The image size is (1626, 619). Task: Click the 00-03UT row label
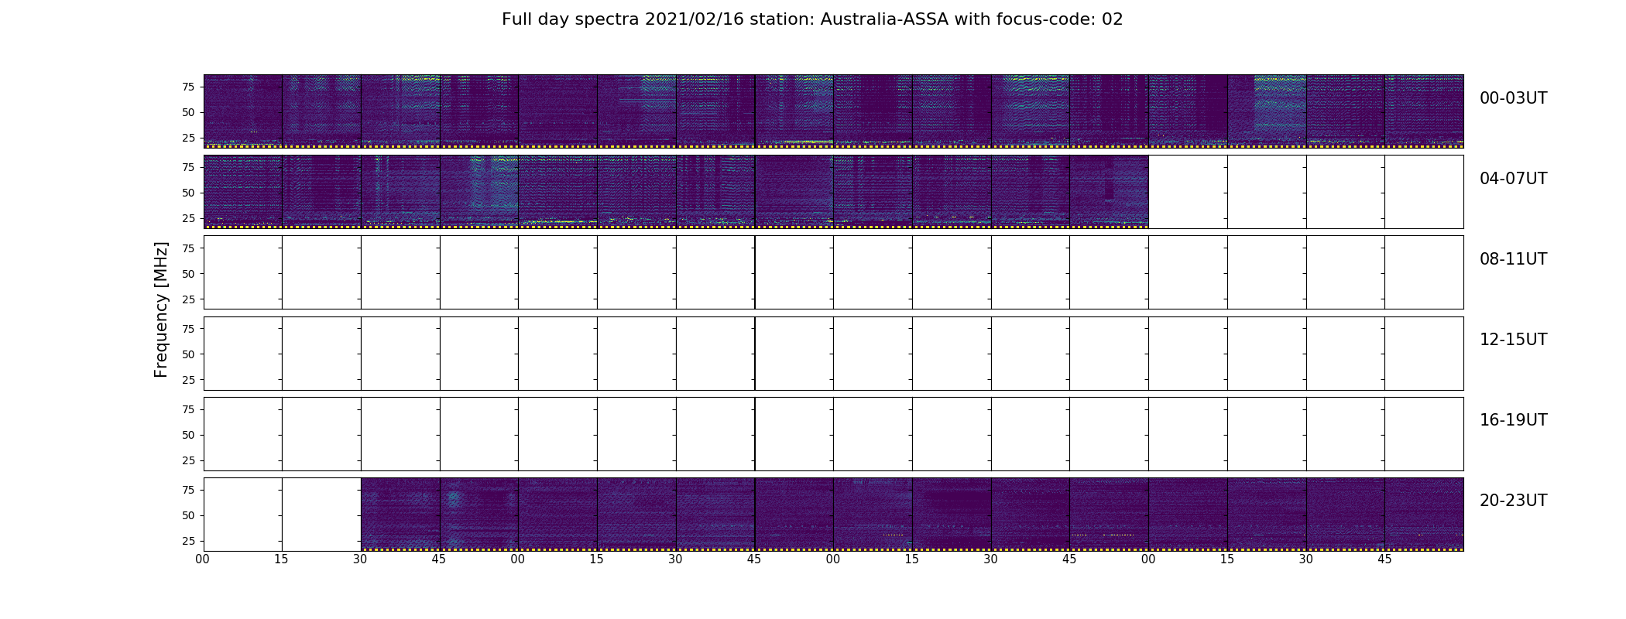click(x=1513, y=98)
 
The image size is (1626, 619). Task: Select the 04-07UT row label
click(x=1513, y=179)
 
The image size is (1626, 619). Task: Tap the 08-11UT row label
click(x=1513, y=259)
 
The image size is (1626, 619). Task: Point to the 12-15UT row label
click(x=1513, y=340)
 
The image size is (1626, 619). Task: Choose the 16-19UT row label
click(x=1513, y=420)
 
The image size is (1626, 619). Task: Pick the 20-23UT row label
click(x=1513, y=501)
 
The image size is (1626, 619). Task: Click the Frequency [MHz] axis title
click(x=161, y=309)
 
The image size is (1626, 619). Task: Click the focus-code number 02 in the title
click(x=1112, y=19)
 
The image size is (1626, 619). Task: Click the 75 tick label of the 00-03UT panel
click(x=187, y=87)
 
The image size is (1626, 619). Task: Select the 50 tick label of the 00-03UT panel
click(x=187, y=112)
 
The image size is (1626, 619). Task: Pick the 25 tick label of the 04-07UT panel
click(x=187, y=218)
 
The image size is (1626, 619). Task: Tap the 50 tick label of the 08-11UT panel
click(x=187, y=274)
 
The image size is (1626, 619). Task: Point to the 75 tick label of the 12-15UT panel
click(x=187, y=329)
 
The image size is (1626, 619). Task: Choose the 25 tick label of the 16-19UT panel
click(x=187, y=460)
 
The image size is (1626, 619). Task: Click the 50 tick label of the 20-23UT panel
click(x=187, y=515)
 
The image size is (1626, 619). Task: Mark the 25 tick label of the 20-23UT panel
click(x=187, y=541)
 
